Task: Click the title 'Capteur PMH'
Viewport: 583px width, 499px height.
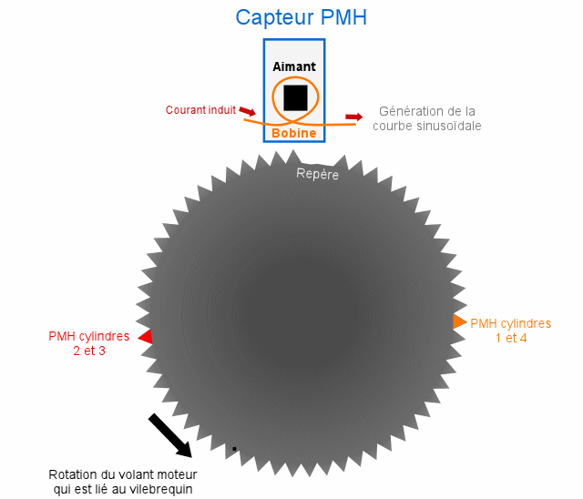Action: [x=301, y=17]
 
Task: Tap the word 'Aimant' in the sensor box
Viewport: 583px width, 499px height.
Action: [x=294, y=66]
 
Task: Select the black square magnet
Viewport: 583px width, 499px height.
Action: [x=295, y=97]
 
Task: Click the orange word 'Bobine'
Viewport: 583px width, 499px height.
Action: [x=294, y=133]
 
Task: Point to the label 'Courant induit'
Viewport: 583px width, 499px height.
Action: [x=199, y=110]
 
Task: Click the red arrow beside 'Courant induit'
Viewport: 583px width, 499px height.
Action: [x=247, y=110]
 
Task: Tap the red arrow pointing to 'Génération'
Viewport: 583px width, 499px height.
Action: [x=353, y=117]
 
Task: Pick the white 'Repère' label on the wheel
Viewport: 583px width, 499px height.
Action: [x=317, y=173]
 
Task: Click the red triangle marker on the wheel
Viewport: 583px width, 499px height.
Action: [x=145, y=337]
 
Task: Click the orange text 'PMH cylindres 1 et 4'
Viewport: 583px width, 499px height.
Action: [x=510, y=331]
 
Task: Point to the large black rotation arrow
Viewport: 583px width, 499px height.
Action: [x=169, y=435]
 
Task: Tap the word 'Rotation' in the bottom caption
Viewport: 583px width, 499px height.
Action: [x=74, y=475]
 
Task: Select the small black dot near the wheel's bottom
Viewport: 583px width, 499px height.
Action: [x=234, y=449]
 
